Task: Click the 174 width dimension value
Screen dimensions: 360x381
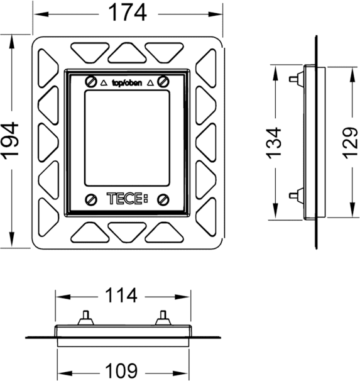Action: (128, 13)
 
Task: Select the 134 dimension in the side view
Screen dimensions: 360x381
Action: (273, 143)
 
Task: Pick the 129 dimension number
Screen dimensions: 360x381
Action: (350, 143)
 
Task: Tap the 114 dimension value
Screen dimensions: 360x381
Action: (121, 295)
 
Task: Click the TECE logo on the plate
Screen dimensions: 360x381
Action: (127, 199)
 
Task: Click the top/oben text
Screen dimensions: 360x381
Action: (127, 83)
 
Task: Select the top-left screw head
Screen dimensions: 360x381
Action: (91, 81)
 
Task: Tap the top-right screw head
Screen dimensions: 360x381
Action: (163, 81)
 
